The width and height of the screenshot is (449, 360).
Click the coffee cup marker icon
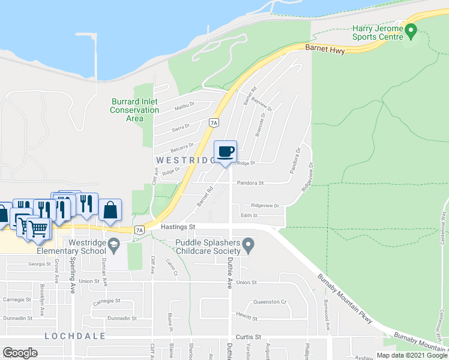click(225, 151)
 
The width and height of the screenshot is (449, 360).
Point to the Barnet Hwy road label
click(325, 52)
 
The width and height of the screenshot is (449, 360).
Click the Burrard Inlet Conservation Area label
click(135, 110)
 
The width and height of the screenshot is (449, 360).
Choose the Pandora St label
click(250, 183)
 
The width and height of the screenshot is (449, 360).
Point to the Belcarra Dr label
click(182, 146)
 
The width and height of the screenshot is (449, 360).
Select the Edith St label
click(249, 215)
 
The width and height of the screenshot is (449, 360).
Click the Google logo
click(20, 353)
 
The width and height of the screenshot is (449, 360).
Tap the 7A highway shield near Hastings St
click(139, 230)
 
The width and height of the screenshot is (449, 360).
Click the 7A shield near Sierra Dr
click(213, 123)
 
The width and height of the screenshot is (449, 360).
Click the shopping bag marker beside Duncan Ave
click(110, 210)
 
